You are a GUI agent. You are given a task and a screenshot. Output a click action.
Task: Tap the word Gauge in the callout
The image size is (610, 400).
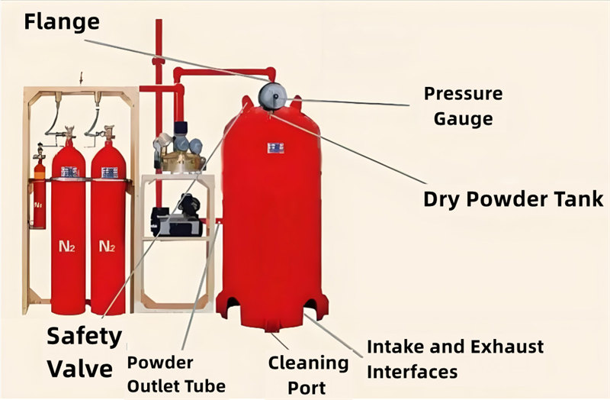coord(458,119)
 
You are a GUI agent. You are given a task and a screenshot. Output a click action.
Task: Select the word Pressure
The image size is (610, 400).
coord(463,95)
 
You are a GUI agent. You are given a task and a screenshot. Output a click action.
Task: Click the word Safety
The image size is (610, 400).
coord(84,336)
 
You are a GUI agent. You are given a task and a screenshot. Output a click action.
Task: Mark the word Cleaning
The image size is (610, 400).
coord(308,363)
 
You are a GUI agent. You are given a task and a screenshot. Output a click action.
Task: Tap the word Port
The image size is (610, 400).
coord(307,387)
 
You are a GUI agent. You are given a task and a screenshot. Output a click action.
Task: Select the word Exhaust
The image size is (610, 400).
coord(509,347)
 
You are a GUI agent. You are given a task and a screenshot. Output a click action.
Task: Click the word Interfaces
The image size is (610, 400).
coord(412,372)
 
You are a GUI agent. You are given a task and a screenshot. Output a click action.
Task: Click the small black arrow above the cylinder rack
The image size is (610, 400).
coord(82,76)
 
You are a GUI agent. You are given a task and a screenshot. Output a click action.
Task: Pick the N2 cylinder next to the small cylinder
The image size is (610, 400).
coord(68,229)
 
